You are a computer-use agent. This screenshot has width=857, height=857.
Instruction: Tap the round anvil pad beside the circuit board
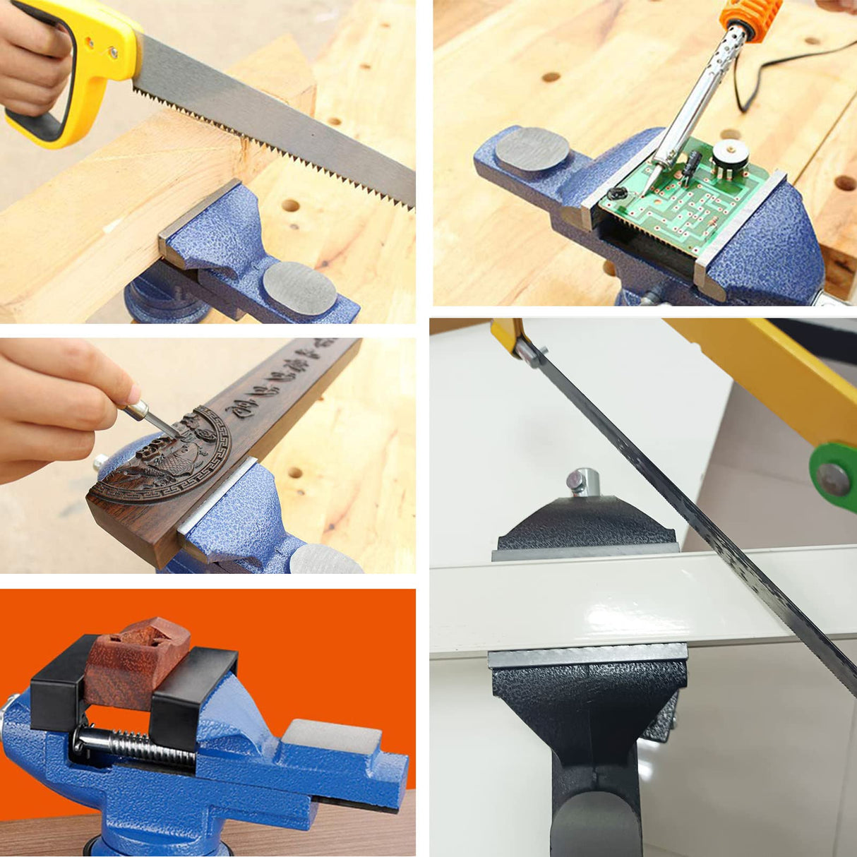(532, 150)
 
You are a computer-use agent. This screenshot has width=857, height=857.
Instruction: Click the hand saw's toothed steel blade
(282, 127)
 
